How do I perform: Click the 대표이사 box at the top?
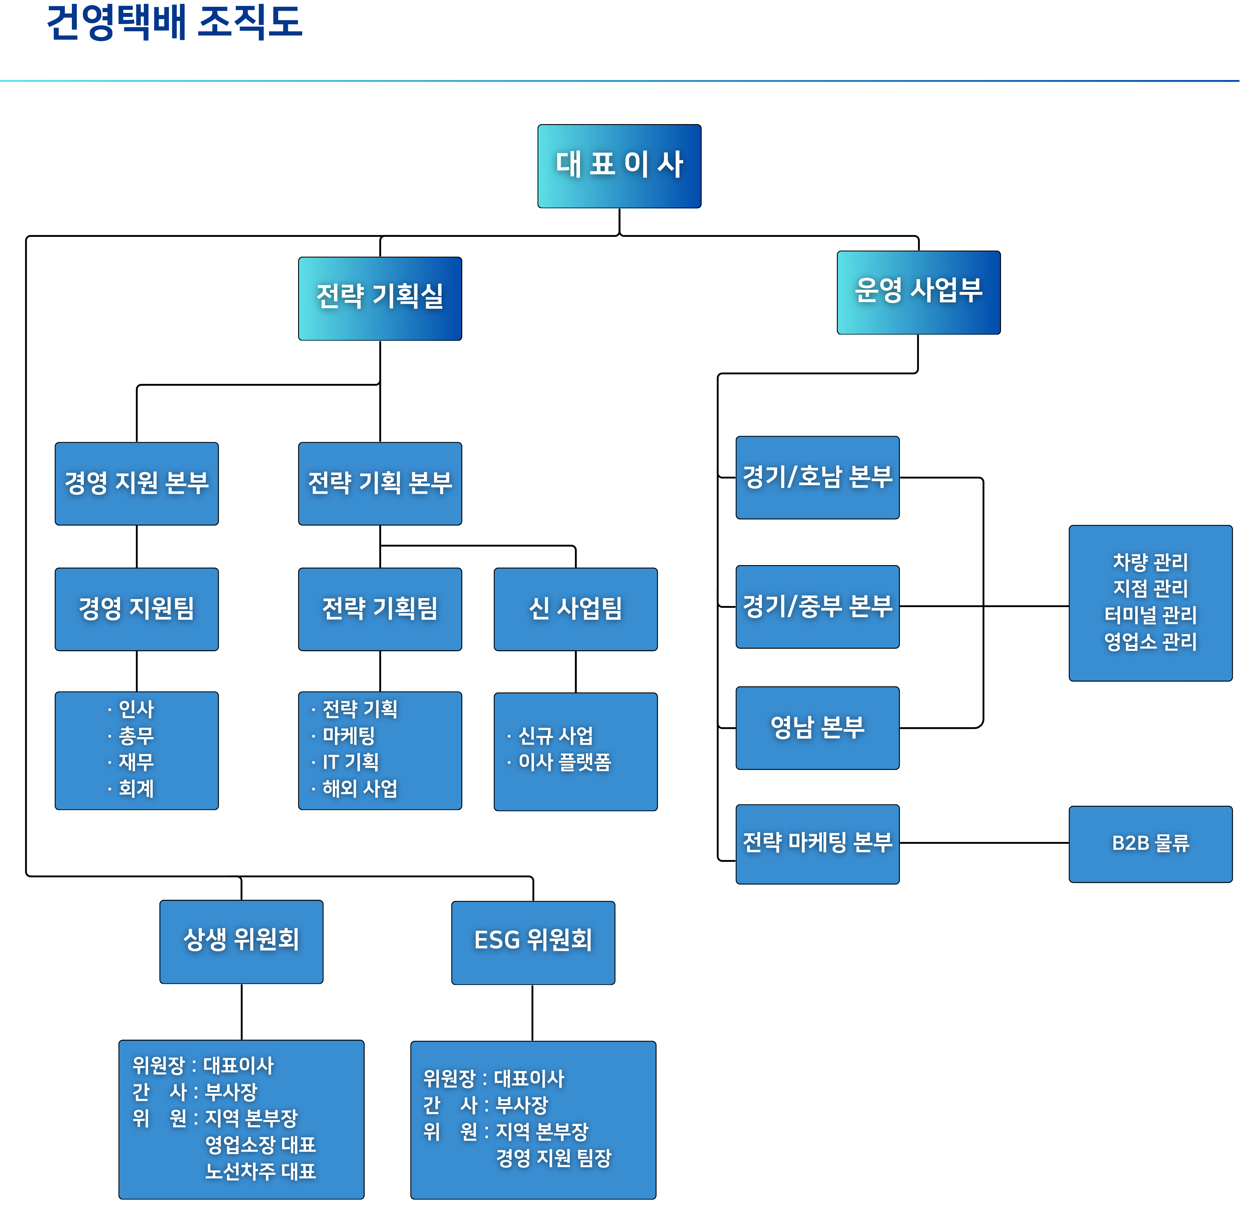619,166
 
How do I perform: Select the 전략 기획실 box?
380,298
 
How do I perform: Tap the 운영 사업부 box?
918,292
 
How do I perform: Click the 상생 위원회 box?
241,942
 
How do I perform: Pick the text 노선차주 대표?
260,1171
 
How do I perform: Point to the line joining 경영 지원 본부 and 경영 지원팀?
137,546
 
